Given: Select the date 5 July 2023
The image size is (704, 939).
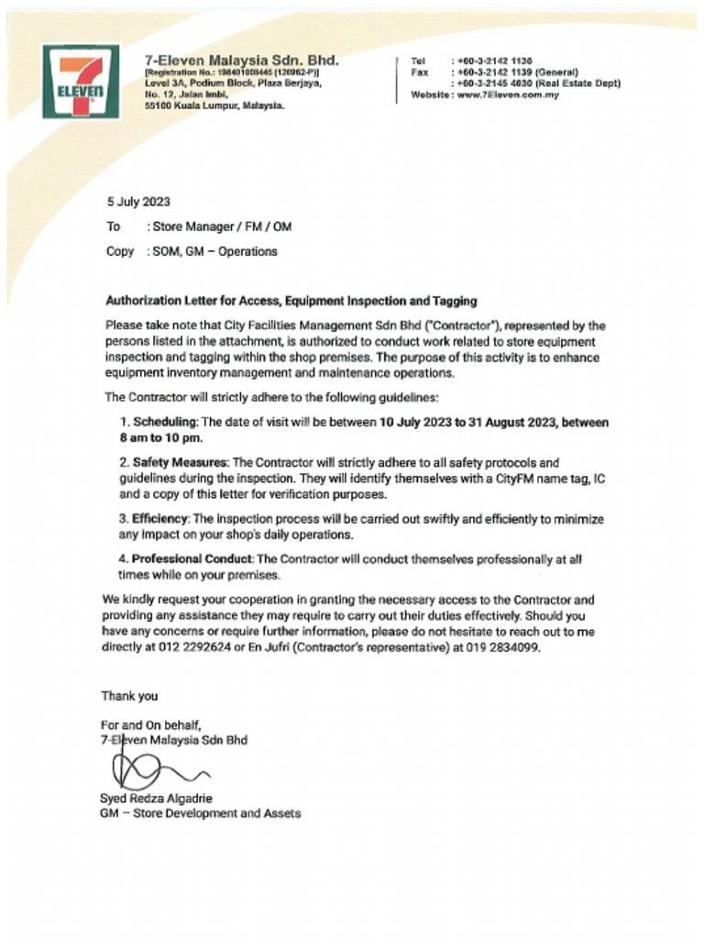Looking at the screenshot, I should pyautogui.click(x=137, y=203).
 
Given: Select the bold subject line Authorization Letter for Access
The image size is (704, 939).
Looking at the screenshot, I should pyautogui.click(x=291, y=301).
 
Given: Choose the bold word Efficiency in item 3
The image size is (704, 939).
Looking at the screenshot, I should pyautogui.click(x=162, y=519).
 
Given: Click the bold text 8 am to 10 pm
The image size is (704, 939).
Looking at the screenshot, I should pyautogui.click(x=154, y=438).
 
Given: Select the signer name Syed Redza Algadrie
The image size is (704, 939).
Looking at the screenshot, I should pyautogui.click(x=156, y=798).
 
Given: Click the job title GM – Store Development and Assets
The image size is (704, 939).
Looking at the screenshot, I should pyautogui.click(x=200, y=813).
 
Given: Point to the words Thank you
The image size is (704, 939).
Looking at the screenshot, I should pyautogui.click(x=129, y=696).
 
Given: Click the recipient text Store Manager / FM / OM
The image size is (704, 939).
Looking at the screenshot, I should pyautogui.click(x=222, y=226).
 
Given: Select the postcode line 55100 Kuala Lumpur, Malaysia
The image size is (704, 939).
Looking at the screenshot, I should pyautogui.click(x=214, y=105).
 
